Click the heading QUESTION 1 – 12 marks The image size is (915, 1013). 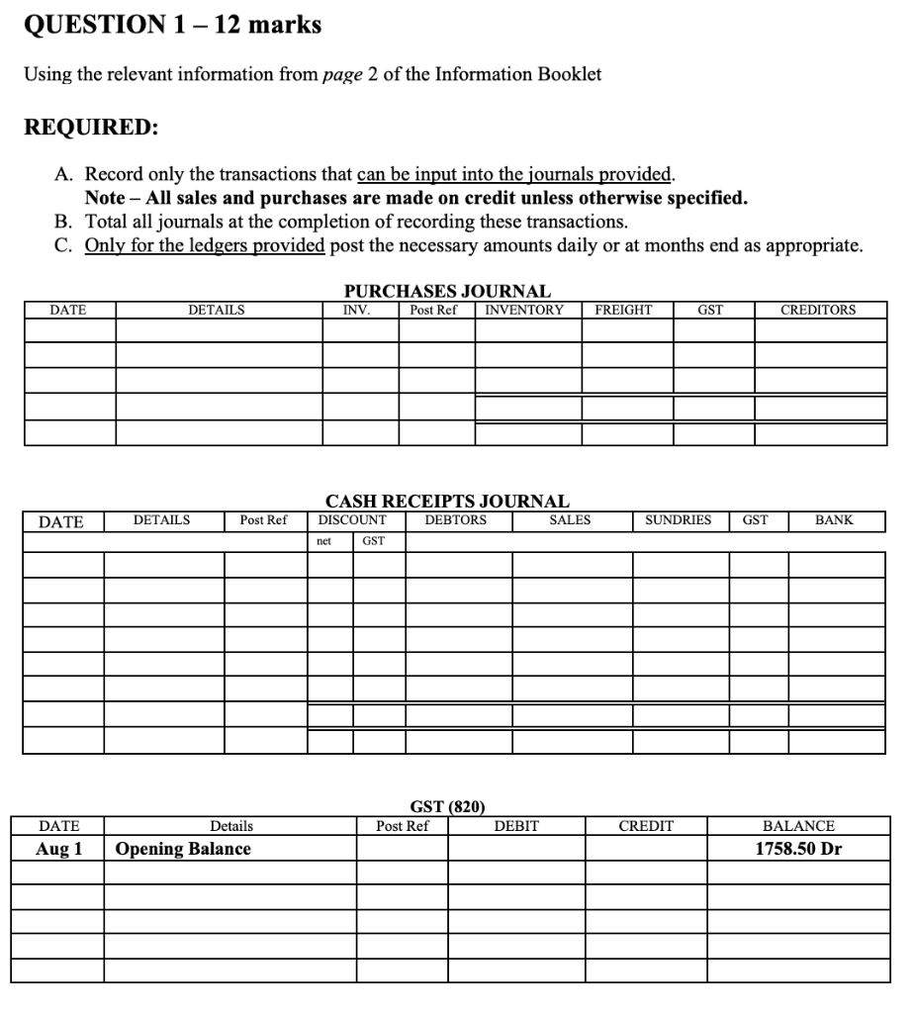[x=172, y=26]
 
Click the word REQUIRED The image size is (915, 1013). [x=90, y=129]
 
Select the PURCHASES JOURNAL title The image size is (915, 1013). [x=447, y=291]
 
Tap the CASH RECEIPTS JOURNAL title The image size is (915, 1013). [x=447, y=502]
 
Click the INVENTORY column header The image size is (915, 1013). [x=524, y=310]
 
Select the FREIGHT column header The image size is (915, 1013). [x=623, y=310]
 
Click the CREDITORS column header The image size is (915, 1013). [x=818, y=310]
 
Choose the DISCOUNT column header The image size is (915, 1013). [x=352, y=519]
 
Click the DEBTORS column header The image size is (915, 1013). [x=455, y=519]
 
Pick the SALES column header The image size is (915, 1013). [x=570, y=519]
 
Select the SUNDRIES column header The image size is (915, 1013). [x=678, y=519]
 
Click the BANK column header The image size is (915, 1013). [x=834, y=519]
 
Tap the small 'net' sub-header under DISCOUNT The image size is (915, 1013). [x=323, y=540]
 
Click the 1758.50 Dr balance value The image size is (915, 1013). [x=798, y=849]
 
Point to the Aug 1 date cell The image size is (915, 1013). [x=59, y=849]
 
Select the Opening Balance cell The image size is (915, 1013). [x=183, y=849]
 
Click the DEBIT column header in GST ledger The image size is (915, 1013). [x=516, y=826]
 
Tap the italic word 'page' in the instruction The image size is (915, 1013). [x=342, y=75]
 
